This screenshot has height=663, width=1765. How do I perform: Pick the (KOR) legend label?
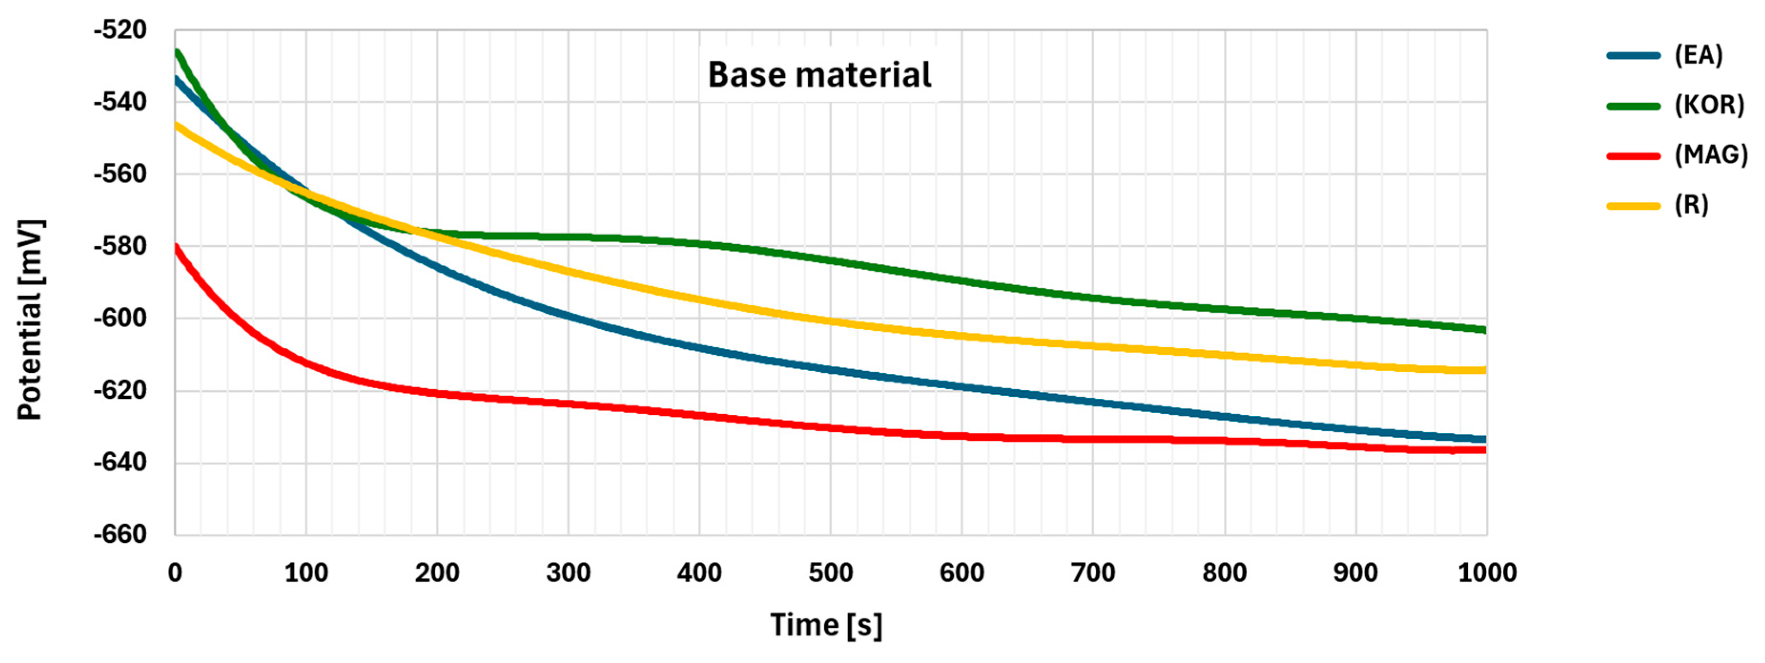point(1709,105)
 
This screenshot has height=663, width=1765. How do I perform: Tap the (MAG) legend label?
point(1711,155)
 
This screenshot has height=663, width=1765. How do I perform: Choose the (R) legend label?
point(1691,205)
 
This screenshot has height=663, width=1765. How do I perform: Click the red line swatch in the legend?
point(1633,155)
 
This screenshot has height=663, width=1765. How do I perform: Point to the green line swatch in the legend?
point(1633,105)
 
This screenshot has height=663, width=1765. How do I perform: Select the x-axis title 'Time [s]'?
point(826,625)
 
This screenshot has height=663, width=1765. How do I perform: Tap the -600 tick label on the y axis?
point(121,318)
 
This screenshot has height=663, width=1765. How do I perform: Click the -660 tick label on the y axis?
point(121,534)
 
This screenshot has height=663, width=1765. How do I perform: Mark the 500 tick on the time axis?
point(831,572)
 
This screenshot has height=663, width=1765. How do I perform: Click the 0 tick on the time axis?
point(175,572)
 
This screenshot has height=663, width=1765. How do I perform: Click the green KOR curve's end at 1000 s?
point(1484,330)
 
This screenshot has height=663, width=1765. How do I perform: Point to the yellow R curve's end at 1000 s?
point(1484,370)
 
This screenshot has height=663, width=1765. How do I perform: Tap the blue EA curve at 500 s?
point(831,370)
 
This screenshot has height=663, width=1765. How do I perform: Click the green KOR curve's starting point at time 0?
point(177,52)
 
